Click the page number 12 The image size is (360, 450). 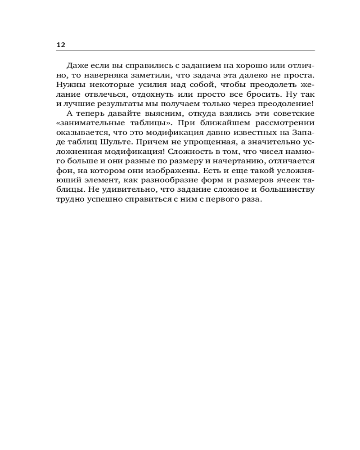(61, 45)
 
